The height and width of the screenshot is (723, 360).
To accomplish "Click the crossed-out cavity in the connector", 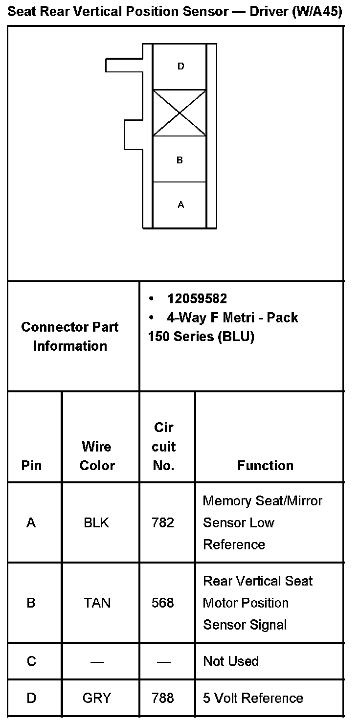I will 180,113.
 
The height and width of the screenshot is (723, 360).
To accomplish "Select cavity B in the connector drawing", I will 180,159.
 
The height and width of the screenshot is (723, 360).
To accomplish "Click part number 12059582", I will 197,298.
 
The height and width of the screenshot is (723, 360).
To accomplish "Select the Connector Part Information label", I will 70,337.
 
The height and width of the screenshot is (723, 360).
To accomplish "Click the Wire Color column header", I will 97,456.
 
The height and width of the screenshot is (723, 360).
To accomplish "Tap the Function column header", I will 266,465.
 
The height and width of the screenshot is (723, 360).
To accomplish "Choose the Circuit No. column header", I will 164,447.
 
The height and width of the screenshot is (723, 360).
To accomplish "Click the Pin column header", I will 31,465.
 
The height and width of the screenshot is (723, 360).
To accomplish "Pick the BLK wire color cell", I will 96,523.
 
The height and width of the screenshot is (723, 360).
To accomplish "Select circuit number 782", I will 163,523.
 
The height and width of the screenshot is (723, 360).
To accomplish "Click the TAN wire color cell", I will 97,603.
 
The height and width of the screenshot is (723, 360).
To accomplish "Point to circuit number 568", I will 163,603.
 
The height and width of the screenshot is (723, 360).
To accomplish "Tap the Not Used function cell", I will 231,661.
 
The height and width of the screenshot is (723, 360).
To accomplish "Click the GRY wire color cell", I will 97,698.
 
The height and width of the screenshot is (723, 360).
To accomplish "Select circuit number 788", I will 163,698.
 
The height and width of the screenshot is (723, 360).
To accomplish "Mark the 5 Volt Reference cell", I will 253,698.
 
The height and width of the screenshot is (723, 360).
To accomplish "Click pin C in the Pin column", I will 31,661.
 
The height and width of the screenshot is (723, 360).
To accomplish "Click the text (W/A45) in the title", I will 316,12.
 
